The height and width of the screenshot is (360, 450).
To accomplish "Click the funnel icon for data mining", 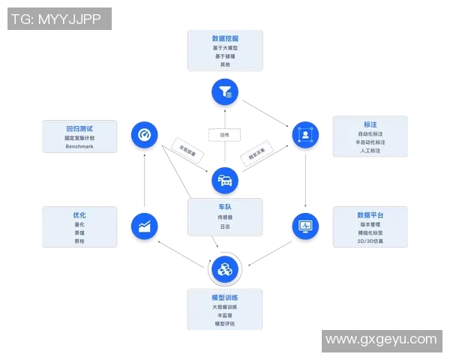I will tap(225, 91).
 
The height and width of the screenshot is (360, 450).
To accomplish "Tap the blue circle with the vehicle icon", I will tap(225, 180).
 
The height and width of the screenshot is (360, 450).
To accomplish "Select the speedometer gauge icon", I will tap(144, 135).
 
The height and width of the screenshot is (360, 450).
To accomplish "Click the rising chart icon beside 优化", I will tap(144, 226).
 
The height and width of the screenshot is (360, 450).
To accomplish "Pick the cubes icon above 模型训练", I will tap(225, 268).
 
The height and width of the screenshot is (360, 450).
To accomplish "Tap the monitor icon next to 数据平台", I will tap(305, 226).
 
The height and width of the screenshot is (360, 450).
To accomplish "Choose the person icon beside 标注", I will tap(305, 135).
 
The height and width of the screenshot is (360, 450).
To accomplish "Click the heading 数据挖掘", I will tap(225, 38).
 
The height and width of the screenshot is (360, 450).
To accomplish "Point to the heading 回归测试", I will tap(79, 128).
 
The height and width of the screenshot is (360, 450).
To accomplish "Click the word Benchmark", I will tap(79, 146).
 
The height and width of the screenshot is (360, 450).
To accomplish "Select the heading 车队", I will tap(225, 206).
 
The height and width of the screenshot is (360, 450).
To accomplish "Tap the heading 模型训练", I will tap(225, 298).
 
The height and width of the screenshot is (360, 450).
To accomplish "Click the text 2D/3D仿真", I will tap(370, 241).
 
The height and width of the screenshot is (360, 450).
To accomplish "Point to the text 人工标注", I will tap(370, 150).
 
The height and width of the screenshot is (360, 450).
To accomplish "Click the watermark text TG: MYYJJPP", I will tap(59, 19).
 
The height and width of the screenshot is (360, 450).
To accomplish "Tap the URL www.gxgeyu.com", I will tap(381, 340).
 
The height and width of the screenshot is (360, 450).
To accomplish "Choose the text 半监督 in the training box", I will tap(225, 315).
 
